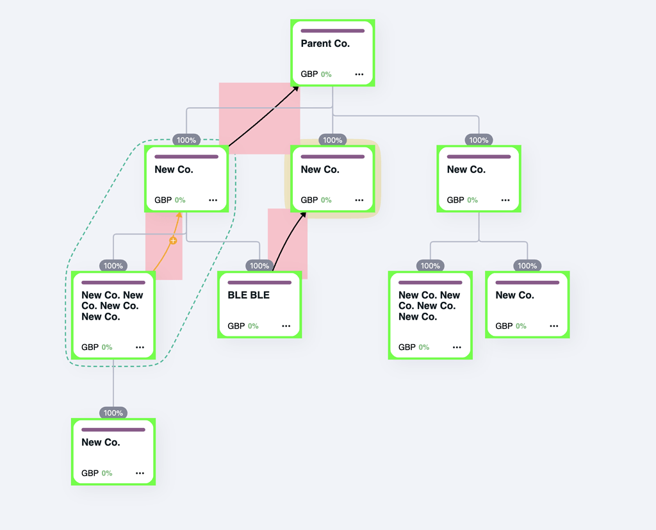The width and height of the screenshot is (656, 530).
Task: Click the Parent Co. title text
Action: [325, 44]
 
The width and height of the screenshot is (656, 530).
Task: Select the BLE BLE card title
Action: [249, 295]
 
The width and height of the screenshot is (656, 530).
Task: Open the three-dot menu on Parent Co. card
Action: [359, 74]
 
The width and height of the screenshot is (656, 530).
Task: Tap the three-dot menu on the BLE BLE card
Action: [286, 326]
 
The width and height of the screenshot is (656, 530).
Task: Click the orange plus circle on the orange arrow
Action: [173, 241]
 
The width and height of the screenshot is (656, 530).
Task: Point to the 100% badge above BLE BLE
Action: [259, 266]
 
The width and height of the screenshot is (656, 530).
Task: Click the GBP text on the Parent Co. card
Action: [309, 74]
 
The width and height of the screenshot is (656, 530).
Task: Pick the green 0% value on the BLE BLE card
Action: [253, 326]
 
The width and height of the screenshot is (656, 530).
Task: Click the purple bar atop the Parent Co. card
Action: [332, 31]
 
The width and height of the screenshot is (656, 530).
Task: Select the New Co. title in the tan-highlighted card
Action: [320, 170]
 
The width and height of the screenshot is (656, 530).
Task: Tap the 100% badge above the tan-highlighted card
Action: [332, 140]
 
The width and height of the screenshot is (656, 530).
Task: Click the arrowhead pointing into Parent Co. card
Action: [297, 88]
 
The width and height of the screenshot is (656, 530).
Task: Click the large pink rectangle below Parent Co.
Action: [259, 109]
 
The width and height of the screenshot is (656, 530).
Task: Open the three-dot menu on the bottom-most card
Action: [140, 474]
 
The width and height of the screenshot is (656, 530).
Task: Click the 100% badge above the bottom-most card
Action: [113, 413]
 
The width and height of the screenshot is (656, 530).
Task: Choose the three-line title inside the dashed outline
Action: [112, 306]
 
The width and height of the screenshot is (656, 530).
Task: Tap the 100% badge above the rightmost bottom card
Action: [527, 266]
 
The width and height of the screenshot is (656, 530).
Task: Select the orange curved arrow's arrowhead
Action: [179, 215]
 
